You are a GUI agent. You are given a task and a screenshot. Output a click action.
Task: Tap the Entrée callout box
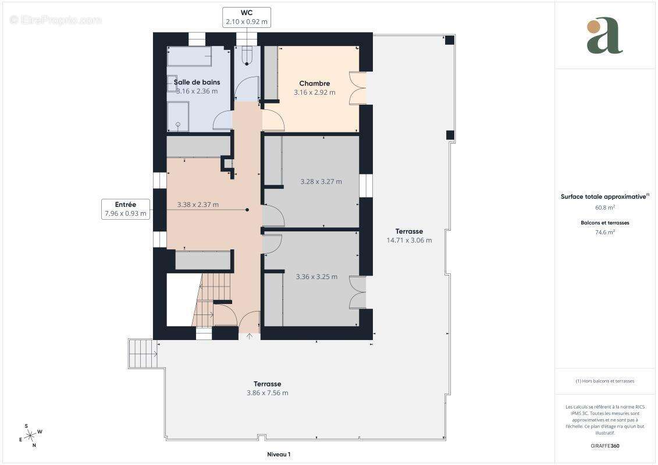tap(126, 209)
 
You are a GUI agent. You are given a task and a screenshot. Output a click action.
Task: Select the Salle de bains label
tap(197, 82)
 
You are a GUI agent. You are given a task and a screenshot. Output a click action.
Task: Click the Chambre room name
tap(314, 84)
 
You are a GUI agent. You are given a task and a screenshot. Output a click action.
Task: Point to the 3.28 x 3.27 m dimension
tap(321, 181)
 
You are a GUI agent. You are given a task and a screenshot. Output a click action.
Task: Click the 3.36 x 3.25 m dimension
tap(316, 277)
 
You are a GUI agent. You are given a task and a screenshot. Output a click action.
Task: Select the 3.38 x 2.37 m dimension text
tap(198, 205)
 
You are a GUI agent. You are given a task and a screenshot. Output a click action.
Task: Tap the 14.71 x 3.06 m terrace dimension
tap(409, 240)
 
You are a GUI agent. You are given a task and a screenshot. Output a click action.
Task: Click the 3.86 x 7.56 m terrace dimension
tap(267, 393)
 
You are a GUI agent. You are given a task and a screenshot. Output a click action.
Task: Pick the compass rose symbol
tap(31, 436)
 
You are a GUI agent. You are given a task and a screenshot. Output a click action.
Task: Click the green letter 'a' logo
tap(604, 36)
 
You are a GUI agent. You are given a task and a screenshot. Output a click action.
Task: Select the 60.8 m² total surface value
tap(605, 207)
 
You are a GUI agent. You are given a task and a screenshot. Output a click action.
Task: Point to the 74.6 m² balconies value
tap(605, 232)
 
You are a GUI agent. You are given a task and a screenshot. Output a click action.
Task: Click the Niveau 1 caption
tap(279, 454)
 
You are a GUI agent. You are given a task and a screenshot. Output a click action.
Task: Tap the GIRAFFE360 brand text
tap(604, 446)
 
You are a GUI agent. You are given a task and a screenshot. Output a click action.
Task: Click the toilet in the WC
tap(247, 56)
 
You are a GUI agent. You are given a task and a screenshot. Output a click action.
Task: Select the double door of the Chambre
tap(358, 88)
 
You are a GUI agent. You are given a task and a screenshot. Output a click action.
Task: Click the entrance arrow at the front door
tap(249, 336)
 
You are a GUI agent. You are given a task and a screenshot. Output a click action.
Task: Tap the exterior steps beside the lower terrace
tap(143, 353)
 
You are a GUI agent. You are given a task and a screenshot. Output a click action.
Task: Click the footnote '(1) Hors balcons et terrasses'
tap(604, 381)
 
